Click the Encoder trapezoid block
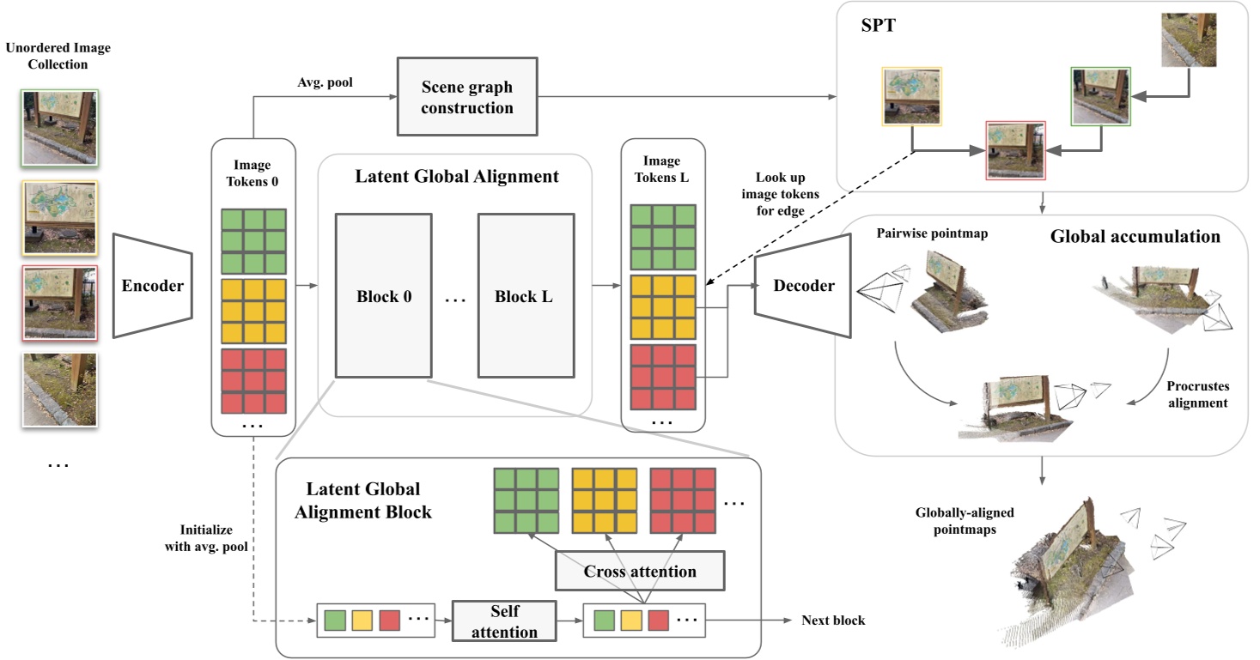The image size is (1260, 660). [x=153, y=286]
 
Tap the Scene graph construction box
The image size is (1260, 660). [x=466, y=97]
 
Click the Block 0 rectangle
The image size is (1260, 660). [x=383, y=296]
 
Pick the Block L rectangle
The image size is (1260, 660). [x=525, y=296]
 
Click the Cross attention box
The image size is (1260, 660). [x=640, y=571]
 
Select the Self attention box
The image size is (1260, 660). [x=504, y=622]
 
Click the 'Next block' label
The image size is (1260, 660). [x=834, y=621]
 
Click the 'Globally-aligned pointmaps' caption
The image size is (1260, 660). [x=965, y=520]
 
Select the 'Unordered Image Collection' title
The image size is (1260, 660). [x=58, y=56]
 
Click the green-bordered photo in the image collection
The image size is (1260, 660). [x=60, y=128]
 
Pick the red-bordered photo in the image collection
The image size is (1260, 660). [x=60, y=301]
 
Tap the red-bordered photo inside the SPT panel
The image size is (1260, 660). [x=1017, y=149]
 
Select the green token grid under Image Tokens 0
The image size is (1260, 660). [x=253, y=241]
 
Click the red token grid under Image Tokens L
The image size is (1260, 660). [x=662, y=376]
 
